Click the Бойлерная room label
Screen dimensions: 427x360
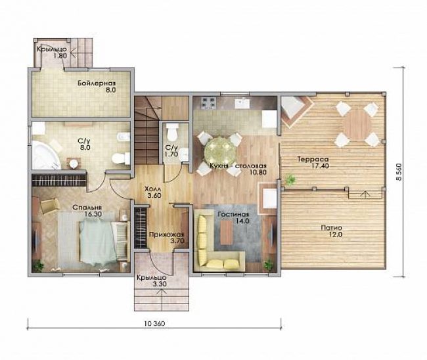(x=97, y=83)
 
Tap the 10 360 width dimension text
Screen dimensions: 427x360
(x=154, y=323)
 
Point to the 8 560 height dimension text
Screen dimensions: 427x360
(x=399, y=171)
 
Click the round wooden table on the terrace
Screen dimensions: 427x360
(x=357, y=124)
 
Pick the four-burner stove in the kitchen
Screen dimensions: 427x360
(x=209, y=103)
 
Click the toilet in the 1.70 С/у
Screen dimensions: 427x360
(x=172, y=132)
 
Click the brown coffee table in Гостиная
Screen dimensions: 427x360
(x=226, y=233)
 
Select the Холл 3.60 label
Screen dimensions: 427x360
(x=153, y=192)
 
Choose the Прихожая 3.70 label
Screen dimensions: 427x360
(x=167, y=237)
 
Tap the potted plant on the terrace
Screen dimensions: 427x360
(x=290, y=180)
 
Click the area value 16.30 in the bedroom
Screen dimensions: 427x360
(x=93, y=214)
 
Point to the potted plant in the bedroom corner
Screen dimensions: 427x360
(x=38, y=265)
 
